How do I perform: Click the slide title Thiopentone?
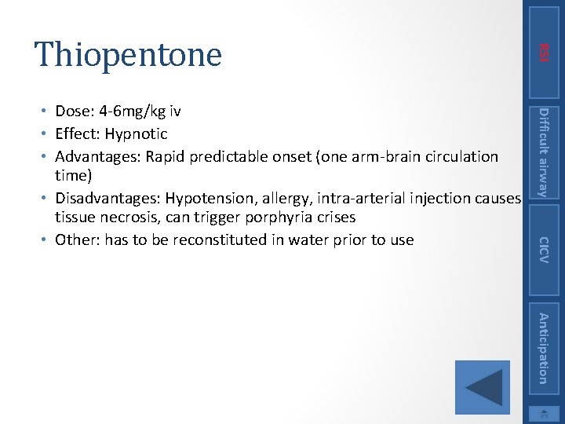[128, 54]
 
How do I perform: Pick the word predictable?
[231, 156]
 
